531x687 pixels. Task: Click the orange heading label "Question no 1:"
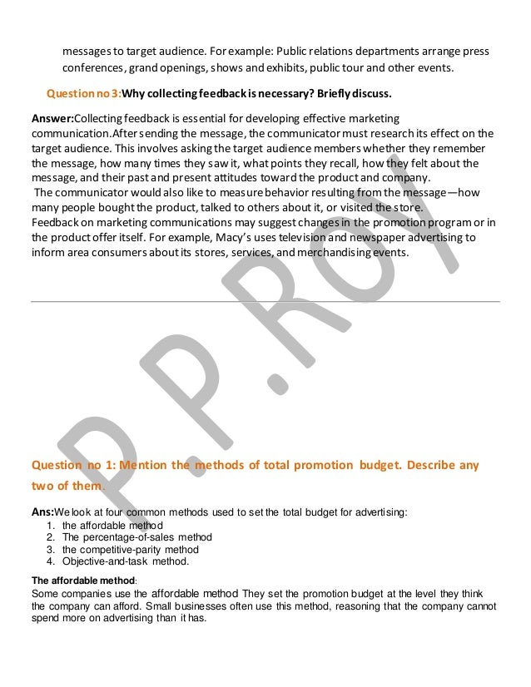point(81,466)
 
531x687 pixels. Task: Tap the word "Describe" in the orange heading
point(429,466)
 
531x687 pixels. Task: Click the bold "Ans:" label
point(42,512)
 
